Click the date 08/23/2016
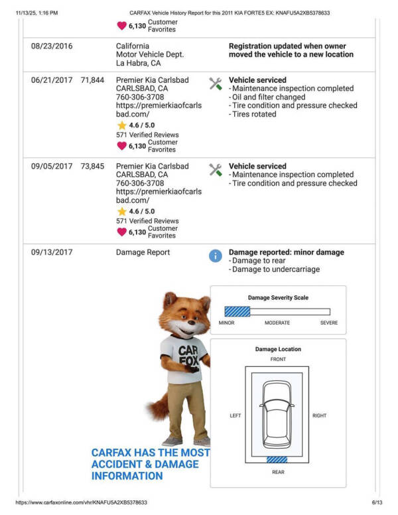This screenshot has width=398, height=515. pos(52,46)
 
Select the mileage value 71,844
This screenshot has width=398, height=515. pos(92,80)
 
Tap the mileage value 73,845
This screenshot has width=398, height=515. pos(92,167)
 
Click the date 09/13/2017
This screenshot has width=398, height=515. pos(52,252)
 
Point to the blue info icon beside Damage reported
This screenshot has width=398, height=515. pos(216,256)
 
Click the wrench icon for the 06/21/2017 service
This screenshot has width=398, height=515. pos(216,84)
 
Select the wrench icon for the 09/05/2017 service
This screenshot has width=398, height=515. pos(216,170)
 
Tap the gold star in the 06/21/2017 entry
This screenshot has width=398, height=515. pos(121,125)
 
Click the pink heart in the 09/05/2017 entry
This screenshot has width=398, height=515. pos(121,232)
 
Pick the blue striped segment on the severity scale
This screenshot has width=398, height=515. pos(237,311)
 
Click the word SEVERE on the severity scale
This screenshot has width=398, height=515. pos(328,323)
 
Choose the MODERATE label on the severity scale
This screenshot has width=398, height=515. pos(277,323)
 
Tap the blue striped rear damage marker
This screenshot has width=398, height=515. pos(278,459)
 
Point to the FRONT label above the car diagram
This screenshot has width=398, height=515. pos(278,359)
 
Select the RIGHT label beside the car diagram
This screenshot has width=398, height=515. pos(319,416)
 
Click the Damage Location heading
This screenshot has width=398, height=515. pos(278,349)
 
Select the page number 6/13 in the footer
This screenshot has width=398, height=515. pos(377,503)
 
